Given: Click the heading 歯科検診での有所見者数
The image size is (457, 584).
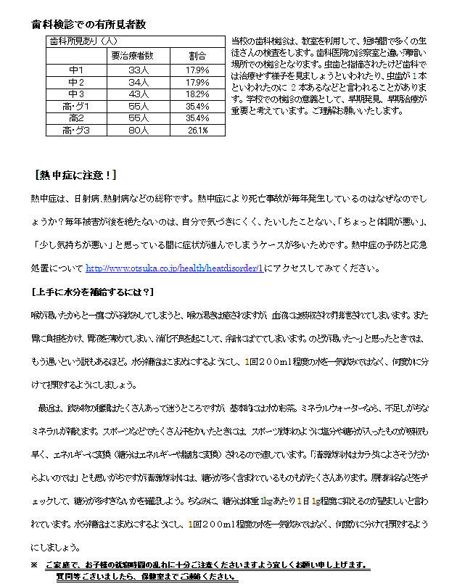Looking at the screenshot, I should pos(88,24).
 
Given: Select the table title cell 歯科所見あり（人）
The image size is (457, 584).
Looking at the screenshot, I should pos(76,41).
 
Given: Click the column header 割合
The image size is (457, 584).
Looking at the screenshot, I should pos(197,55).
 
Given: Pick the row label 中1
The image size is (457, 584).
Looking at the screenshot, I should pos(76,70).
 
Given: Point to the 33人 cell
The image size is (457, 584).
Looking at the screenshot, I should pos(138,70).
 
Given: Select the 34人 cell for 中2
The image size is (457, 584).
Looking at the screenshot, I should pos(138,82).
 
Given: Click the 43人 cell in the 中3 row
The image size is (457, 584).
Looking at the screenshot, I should pos(138,94).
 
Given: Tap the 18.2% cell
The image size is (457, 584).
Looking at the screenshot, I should pos(197,94).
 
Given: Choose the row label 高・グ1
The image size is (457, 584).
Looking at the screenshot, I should pos(76,106).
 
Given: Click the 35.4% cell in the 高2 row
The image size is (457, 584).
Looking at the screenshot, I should pos(197,118).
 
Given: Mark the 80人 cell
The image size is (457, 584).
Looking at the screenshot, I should pos(138,131).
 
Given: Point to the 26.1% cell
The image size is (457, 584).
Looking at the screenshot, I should pos(197,131).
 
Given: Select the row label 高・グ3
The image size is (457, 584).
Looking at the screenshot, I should pos(76,131).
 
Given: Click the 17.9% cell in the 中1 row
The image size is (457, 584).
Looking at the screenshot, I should pos(197,70).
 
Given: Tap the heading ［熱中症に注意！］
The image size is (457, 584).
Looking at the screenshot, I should pos(74,176).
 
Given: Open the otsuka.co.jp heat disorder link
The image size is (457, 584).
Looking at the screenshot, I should pos(174,268).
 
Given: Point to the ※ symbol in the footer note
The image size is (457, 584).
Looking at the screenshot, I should pos(33,564).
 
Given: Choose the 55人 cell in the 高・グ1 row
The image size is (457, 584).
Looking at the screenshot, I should pos(138,106).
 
